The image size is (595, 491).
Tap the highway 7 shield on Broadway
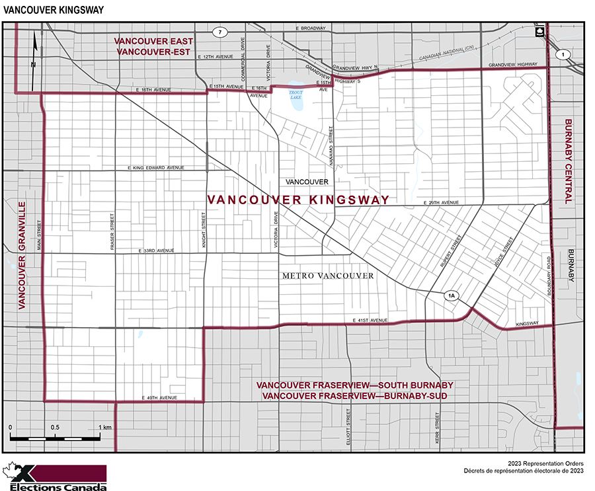pyautogui.click(x=220, y=32)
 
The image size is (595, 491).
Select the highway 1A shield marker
pyautogui.click(x=452, y=296)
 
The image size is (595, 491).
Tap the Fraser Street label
pyautogui.click(x=112, y=232)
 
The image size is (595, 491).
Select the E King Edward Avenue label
pyautogui.click(x=156, y=168)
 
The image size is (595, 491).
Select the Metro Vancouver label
pyautogui.click(x=328, y=276)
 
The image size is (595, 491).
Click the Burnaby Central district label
pyautogui.click(x=569, y=161)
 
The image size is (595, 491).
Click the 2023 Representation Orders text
pyautogui.click(x=545, y=465)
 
